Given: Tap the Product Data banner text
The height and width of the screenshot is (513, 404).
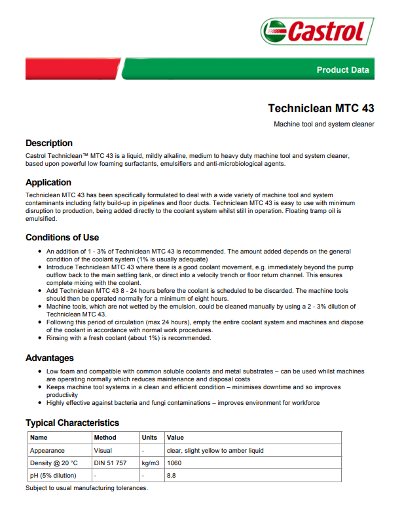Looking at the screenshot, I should point(342,69).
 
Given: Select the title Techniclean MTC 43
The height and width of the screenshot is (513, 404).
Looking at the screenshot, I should point(321,108).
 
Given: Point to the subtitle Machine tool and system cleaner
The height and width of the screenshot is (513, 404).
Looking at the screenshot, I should point(323,124).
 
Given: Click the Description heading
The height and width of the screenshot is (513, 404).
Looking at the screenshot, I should point(49,143).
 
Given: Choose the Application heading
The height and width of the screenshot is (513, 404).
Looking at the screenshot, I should point(48,182).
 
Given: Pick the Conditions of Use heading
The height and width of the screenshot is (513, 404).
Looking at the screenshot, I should point(62,237).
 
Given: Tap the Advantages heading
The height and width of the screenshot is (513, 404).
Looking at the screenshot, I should point(50,358).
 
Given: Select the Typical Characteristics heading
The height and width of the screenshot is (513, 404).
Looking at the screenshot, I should point(72,423).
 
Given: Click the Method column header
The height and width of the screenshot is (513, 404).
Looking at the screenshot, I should point(105,438).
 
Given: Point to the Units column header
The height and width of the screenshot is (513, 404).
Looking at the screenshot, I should point(149,438).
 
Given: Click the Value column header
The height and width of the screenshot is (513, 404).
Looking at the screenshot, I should point(175,438).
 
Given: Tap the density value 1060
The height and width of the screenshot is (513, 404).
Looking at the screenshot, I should point(175,463).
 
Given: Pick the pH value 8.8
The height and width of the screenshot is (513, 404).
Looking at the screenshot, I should point(172,475).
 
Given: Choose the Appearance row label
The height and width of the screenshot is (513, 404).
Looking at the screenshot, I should point(47,450).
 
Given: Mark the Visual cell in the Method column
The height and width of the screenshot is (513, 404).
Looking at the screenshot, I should point(103,450).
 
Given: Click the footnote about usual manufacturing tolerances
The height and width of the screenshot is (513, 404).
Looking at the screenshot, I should point(86,488).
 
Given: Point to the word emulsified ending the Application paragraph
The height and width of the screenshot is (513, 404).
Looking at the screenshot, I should point(41,219).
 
